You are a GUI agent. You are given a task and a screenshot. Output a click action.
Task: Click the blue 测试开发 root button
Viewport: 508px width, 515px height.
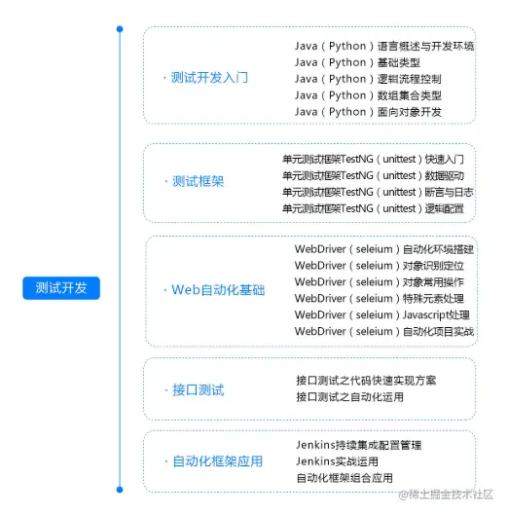click(61, 288)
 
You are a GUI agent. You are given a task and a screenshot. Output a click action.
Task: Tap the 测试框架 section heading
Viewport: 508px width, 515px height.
click(198, 181)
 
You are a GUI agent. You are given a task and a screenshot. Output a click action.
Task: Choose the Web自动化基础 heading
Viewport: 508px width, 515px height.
click(217, 290)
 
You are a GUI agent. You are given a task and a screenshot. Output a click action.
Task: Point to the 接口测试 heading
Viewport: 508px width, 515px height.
click(198, 389)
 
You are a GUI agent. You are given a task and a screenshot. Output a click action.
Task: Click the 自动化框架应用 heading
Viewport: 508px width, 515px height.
click(217, 460)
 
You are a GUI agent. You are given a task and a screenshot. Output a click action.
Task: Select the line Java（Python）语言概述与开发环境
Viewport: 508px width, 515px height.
click(384, 46)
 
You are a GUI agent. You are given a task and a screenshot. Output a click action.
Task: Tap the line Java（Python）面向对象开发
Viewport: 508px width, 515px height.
click(368, 112)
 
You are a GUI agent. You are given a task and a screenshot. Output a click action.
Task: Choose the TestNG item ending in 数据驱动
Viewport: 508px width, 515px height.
click(373, 175)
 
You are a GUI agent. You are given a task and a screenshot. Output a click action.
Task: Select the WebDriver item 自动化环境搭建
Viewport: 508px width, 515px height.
click(384, 249)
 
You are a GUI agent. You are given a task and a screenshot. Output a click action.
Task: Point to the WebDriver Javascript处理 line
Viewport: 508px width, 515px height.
click(382, 315)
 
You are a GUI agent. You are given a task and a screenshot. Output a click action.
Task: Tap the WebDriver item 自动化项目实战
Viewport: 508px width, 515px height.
click(384, 332)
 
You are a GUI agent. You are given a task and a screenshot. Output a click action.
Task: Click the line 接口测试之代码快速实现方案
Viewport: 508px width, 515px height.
click(366, 380)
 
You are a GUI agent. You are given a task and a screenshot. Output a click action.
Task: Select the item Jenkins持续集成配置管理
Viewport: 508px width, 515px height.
click(358, 445)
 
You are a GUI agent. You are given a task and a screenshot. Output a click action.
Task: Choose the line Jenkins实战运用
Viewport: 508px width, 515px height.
click(337, 461)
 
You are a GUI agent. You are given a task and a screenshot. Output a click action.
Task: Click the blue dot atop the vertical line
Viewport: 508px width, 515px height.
click(120, 29)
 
